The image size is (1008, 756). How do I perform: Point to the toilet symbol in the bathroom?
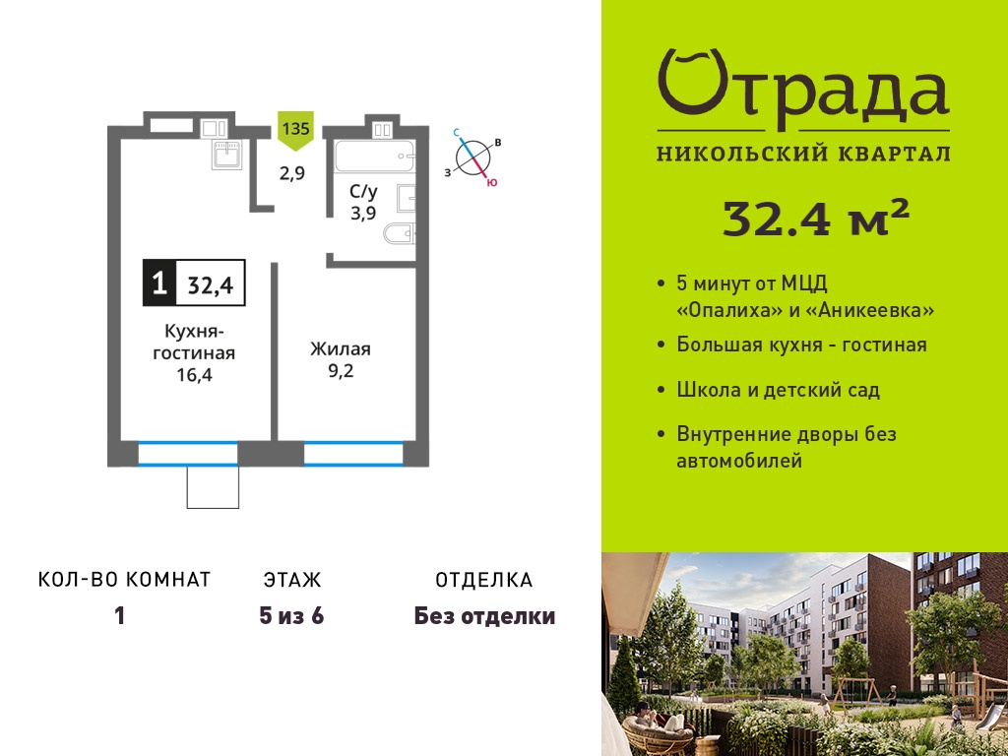point(400,232)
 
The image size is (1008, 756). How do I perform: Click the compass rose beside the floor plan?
point(473,157)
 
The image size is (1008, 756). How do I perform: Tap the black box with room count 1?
point(158,282)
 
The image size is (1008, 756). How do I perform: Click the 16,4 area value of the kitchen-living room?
point(194,375)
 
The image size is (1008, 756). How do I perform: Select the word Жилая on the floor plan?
point(340,349)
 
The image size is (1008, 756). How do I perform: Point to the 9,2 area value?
point(341,371)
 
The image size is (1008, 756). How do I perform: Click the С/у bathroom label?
point(363,191)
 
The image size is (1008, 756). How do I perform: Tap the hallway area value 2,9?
point(291,173)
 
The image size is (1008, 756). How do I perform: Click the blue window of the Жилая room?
point(353,453)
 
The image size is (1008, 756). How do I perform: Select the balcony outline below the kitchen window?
point(213,487)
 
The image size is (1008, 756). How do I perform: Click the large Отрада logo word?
point(803,90)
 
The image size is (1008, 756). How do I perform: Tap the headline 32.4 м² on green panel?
point(816,218)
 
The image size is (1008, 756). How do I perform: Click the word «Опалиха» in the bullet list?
point(728,311)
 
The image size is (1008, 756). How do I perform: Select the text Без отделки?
point(484,616)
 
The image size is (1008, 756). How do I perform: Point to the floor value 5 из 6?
point(291,616)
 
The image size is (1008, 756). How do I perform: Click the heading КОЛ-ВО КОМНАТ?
point(125,579)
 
